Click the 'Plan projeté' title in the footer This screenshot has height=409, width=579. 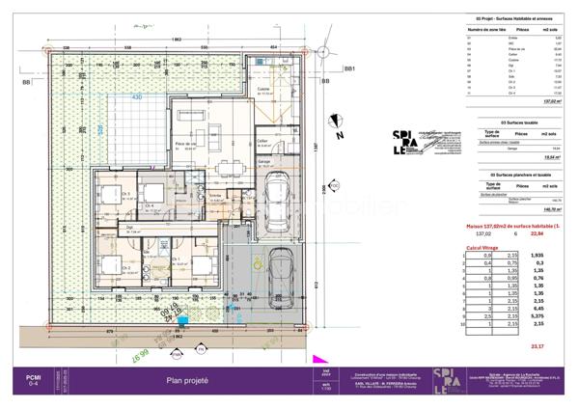pos(188,381)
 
